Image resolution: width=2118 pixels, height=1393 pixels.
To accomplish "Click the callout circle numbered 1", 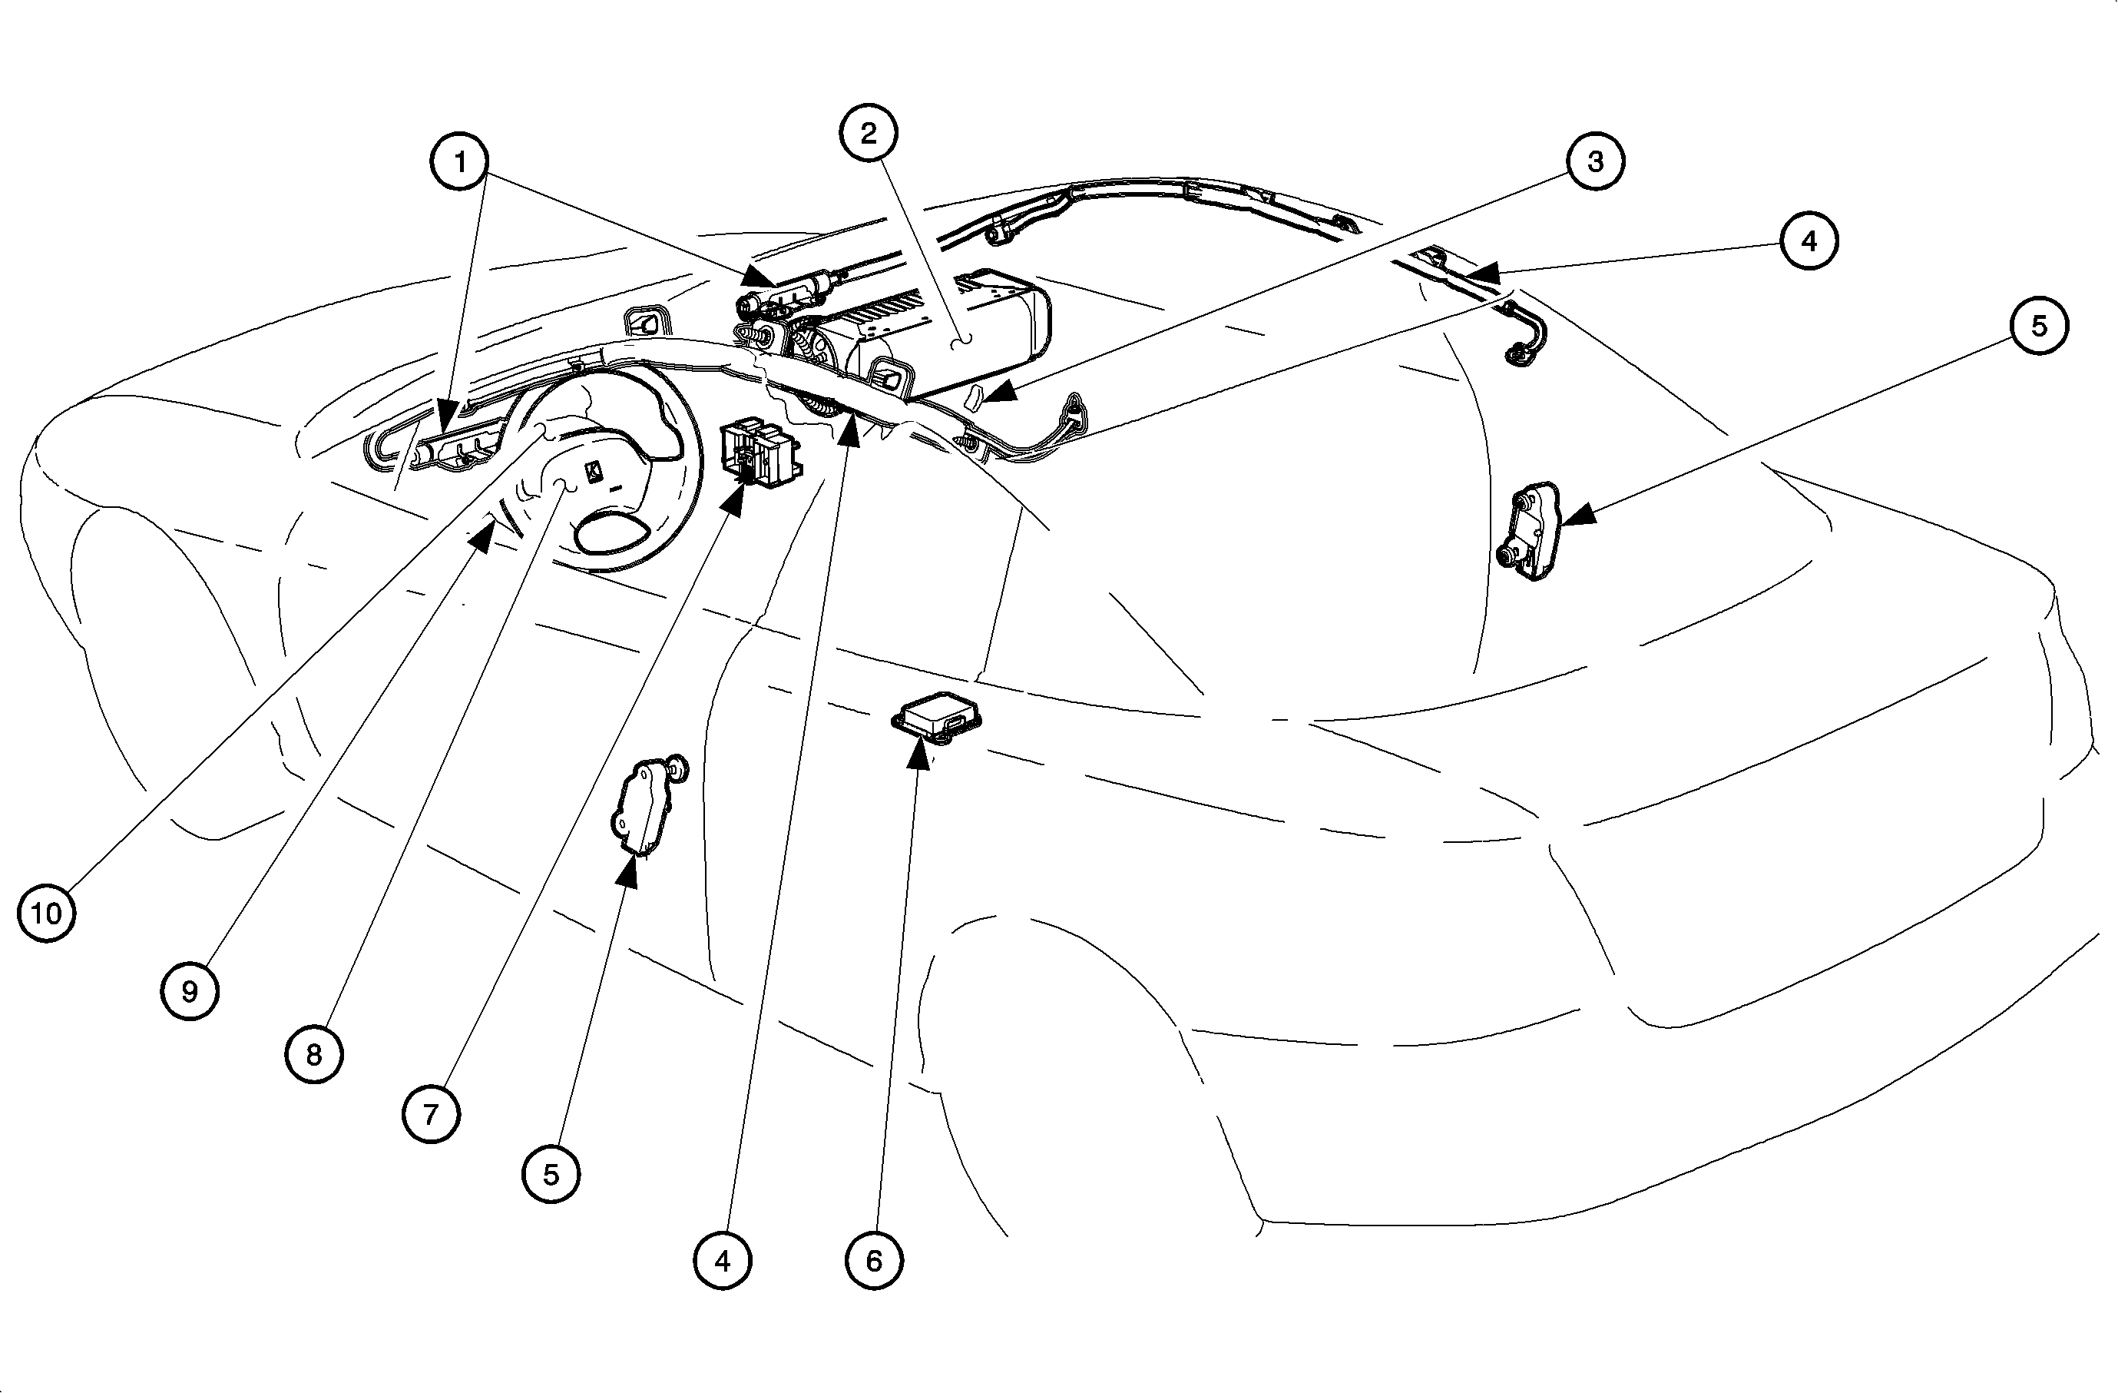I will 459,161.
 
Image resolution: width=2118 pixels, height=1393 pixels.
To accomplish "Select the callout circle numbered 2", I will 868,133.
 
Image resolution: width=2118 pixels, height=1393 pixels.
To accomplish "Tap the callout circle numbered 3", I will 1595,161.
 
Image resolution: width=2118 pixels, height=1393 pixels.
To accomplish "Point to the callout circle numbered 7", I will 431,1113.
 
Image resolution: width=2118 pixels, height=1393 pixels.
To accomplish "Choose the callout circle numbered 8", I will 313,1055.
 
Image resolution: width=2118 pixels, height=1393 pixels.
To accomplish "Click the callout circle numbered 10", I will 46,912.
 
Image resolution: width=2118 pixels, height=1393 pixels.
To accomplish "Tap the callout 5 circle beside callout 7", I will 551,1174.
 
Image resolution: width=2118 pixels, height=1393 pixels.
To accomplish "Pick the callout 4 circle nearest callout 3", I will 1809,240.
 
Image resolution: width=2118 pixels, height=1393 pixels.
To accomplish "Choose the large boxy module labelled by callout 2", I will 943,333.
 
